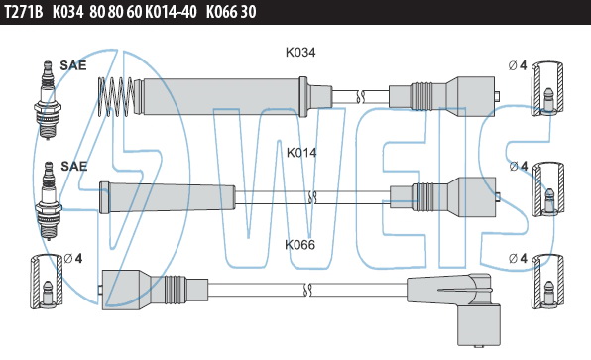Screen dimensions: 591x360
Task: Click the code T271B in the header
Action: point(24,12)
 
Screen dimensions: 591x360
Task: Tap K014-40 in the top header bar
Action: point(171,12)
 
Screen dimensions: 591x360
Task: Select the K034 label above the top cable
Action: point(300,52)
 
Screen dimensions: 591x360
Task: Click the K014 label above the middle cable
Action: point(301,153)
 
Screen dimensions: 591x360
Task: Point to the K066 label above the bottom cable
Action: point(299,245)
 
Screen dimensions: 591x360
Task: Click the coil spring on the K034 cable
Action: point(116,96)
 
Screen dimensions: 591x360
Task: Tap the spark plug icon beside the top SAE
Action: point(48,100)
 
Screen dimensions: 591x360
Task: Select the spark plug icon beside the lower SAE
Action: point(49,200)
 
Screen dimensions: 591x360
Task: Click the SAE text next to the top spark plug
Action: point(73,65)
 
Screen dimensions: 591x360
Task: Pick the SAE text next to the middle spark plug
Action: point(73,167)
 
